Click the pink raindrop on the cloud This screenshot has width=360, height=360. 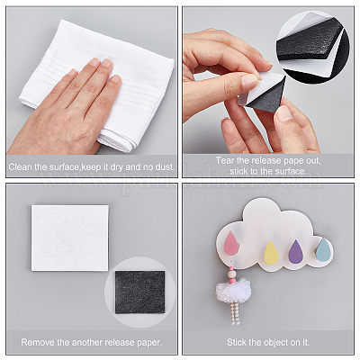click(x=231, y=243)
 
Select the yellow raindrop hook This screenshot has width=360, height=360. click(x=271, y=253)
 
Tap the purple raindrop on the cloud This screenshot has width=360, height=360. click(x=295, y=252)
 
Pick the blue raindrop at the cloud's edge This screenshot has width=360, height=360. click(x=324, y=249)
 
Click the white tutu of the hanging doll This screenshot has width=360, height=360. click(x=230, y=290)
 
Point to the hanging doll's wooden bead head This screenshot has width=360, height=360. click(x=231, y=274)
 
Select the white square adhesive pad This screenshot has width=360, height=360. click(x=70, y=238)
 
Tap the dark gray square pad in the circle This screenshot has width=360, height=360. click(x=139, y=292)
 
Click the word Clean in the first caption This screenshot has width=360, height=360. click(x=21, y=166)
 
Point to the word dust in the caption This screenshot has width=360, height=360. click(x=164, y=166)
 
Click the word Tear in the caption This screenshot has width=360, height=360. click(x=225, y=160)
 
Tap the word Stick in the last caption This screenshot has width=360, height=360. click(x=236, y=342)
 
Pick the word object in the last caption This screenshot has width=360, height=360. click(x=277, y=343)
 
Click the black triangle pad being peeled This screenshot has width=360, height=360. click(x=267, y=94)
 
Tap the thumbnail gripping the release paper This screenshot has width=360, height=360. click(x=249, y=82)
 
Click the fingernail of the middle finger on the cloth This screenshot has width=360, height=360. click(x=106, y=63)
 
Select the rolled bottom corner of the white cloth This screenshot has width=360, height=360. click(x=117, y=141)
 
